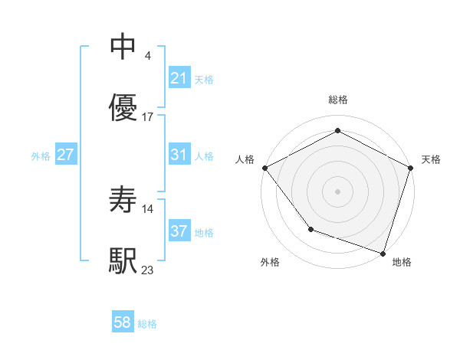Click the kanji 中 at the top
pyautogui.click(x=123, y=47)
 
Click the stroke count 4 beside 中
pyautogui.click(x=146, y=55)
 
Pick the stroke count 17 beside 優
pyautogui.click(x=148, y=117)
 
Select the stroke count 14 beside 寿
pyautogui.click(x=149, y=208)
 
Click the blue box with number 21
pyautogui.click(x=179, y=78)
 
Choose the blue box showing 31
pyautogui.click(x=179, y=155)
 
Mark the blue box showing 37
pyautogui.click(x=179, y=231)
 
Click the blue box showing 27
pyautogui.click(x=65, y=155)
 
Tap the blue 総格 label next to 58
pyautogui.click(x=147, y=324)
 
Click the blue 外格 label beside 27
pyautogui.click(x=41, y=155)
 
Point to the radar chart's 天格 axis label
pyautogui.click(x=432, y=159)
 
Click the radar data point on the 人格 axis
pyautogui.click(x=264, y=168)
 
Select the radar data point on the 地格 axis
pyautogui.click(x=383, y=253)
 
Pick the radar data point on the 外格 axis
pyautogui.click(x=310, y=228)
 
